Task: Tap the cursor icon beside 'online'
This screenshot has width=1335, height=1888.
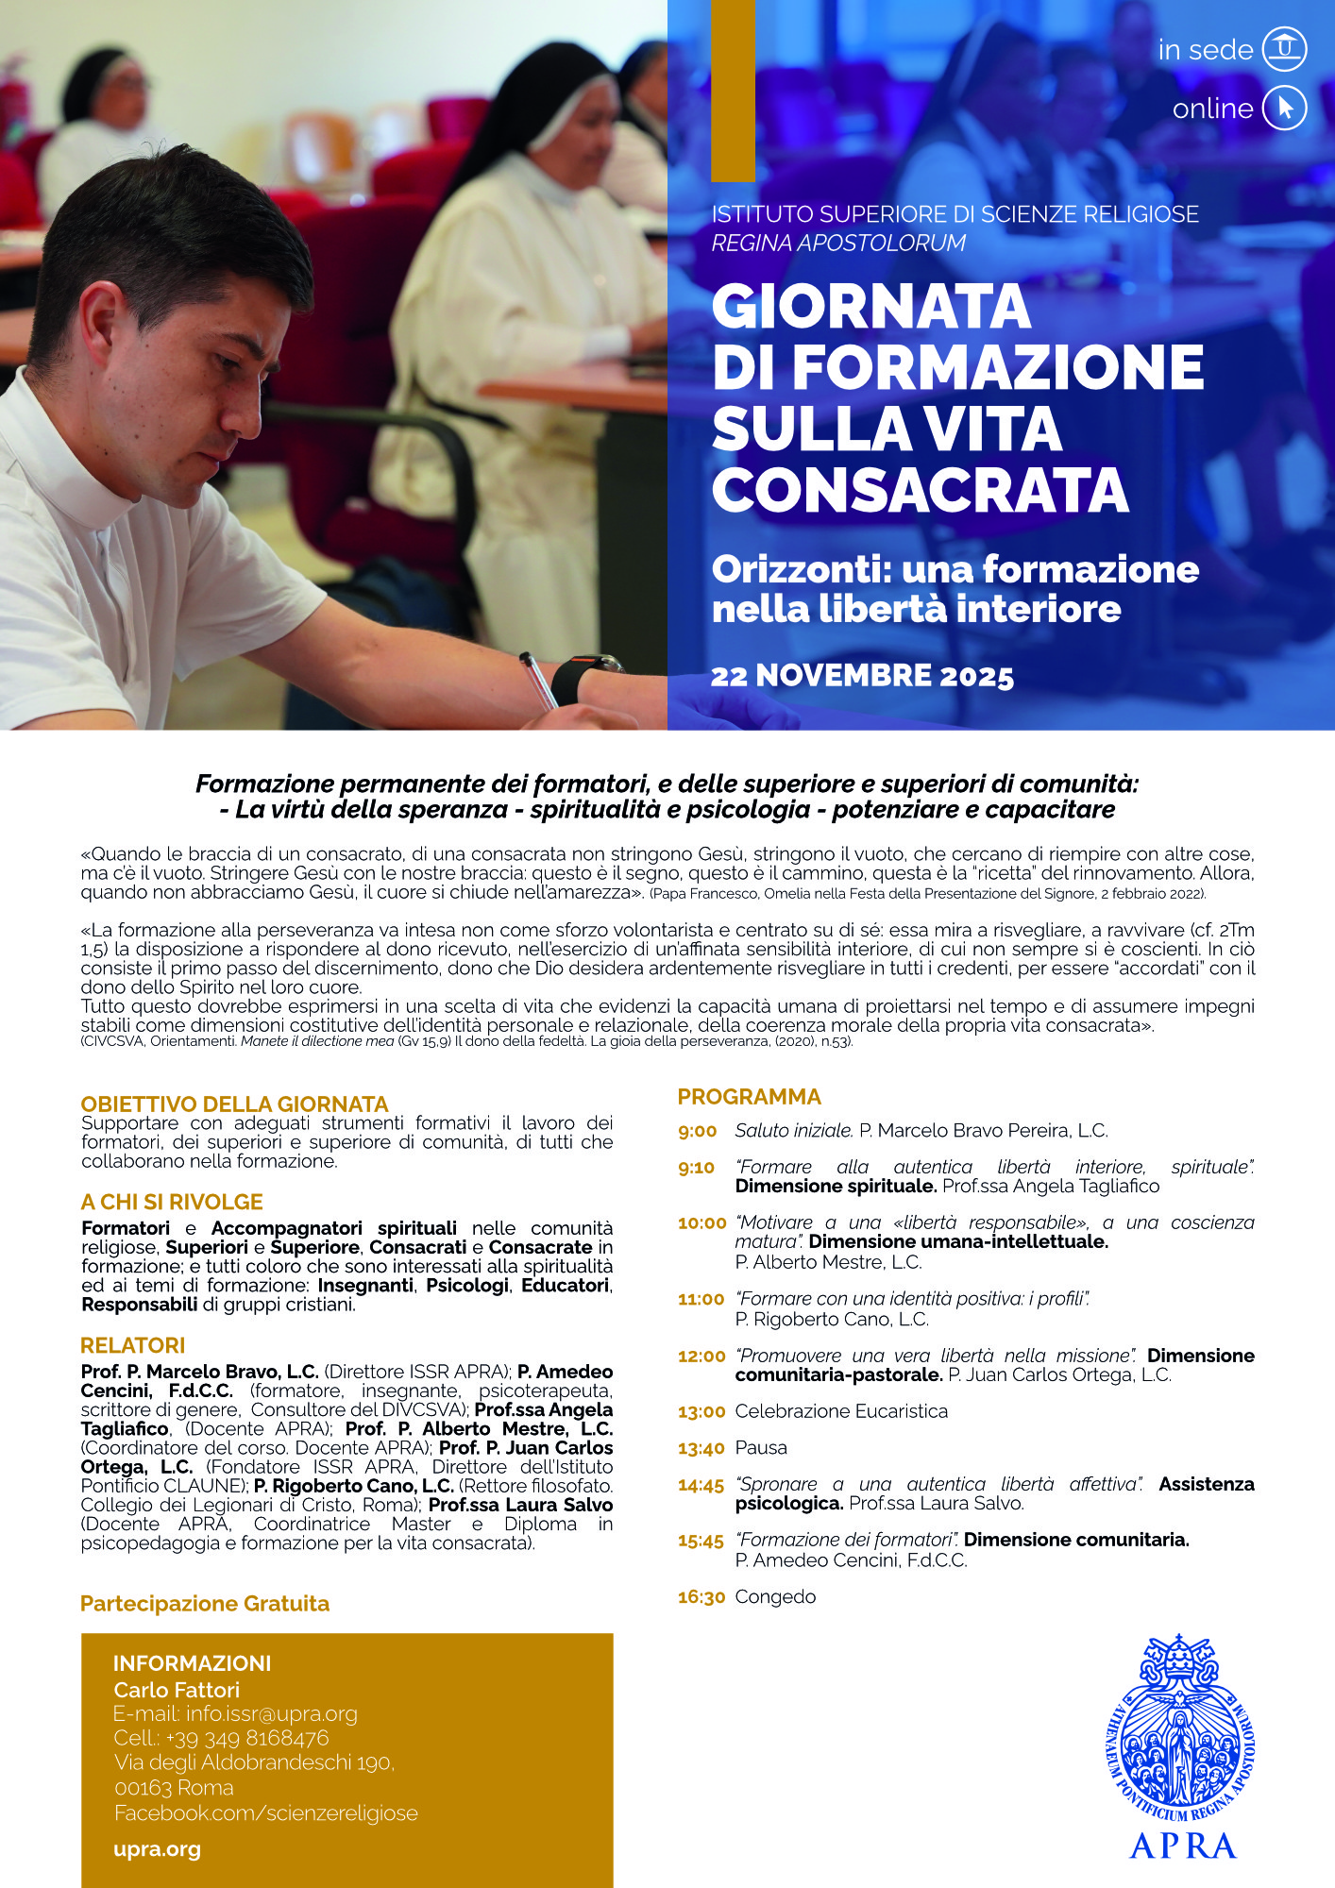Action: [x=1285, y=108]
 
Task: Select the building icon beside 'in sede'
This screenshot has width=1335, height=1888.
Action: [x=1285, y=49]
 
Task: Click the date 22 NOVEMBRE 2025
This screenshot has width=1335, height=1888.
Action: [x=862, y=676]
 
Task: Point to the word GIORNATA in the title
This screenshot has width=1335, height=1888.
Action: [x=870, y=307]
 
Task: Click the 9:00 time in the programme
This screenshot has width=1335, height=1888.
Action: [x=698, y=1131]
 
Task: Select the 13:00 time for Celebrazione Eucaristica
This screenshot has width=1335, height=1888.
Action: [x=701, y=1412]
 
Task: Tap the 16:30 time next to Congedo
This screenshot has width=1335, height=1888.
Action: [x=701, y=1597]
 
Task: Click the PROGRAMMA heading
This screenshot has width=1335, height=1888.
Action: [x=750, y=1097]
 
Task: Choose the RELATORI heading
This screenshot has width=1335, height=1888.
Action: [x=133, y=1345]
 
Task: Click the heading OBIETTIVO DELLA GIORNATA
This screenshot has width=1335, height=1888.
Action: [x=234, y=1104]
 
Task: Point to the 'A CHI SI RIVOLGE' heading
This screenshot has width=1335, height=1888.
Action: [x=172, y=1202]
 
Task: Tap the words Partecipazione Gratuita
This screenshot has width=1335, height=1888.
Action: [x=205, y=1604]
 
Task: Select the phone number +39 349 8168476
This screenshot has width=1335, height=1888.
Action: [x=247, y=1738]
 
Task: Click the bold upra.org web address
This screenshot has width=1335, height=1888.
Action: [x=157, y=1849]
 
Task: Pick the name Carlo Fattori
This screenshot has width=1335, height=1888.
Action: [x=177, y=1690]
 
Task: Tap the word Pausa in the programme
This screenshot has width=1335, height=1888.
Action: [x=761, y=1448]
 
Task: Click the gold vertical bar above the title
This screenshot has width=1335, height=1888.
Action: [x=733, y=90]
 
